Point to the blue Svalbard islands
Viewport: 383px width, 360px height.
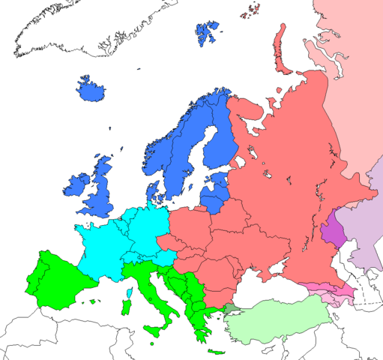(208, 34)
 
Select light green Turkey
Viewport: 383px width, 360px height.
(277, 319)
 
